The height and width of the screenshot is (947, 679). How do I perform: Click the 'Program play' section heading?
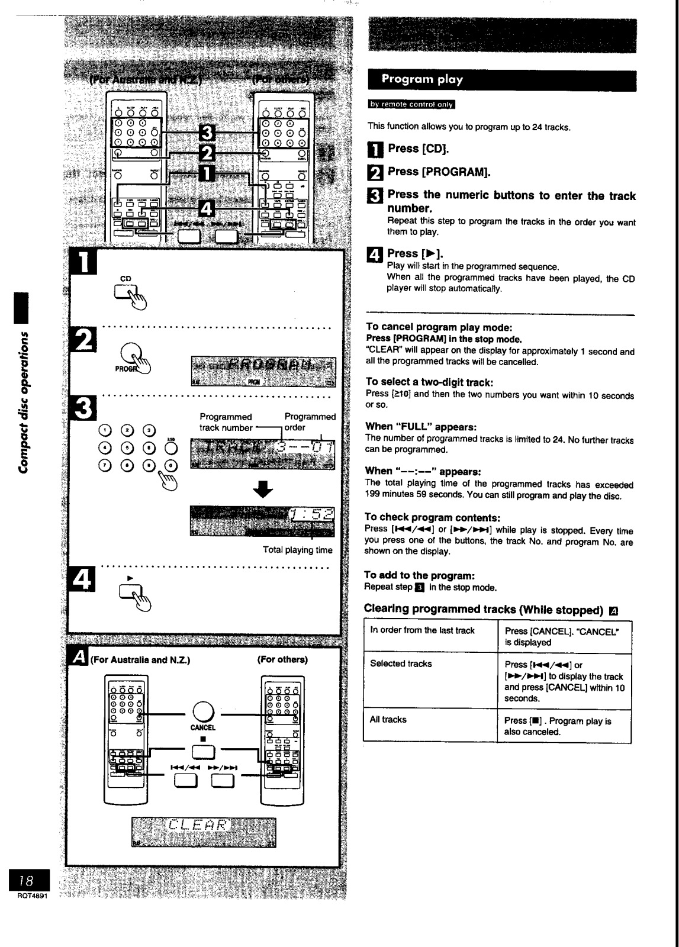(x=422, y=79)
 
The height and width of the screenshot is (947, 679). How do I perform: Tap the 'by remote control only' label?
(x=411, y=105)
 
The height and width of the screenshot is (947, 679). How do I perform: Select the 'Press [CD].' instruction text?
(x=418, y=148)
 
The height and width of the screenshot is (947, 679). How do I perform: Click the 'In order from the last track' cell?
(x=423, y=630)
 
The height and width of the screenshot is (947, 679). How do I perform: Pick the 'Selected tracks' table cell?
(x=401, y=663)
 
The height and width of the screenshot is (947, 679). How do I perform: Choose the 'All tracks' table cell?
(x=388, y=720)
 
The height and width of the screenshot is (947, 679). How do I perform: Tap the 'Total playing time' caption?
(x=297, y=550)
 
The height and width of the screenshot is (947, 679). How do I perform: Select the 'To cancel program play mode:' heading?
(x=439, y=327)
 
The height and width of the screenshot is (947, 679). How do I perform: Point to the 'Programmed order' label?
(x=310, y=422)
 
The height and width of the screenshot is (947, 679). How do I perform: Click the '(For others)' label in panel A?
(x=282, y=659)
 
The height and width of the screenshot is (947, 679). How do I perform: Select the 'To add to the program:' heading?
(x=420, y=575)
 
